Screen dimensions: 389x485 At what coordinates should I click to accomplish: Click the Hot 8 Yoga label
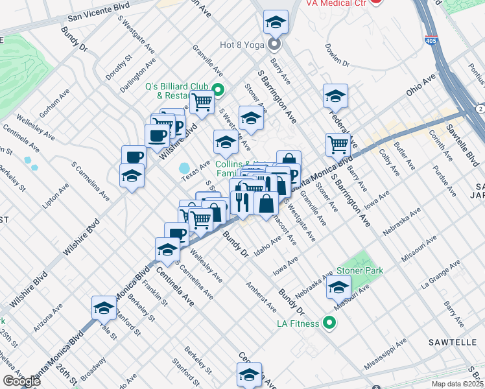(x=242, y=45)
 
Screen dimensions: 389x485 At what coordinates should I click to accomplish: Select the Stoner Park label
(x=360, y=270)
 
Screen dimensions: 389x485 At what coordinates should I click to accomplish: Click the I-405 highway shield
(x=431, y=40)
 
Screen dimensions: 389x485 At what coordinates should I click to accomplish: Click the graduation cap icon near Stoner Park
(x=338, y=287)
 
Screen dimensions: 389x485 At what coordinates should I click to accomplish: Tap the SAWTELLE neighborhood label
(x=451, y=341)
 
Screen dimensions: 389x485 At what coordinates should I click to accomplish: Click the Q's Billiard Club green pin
(x=219, y=90)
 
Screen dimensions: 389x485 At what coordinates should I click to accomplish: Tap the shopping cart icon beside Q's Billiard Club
(x=202, y=102)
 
